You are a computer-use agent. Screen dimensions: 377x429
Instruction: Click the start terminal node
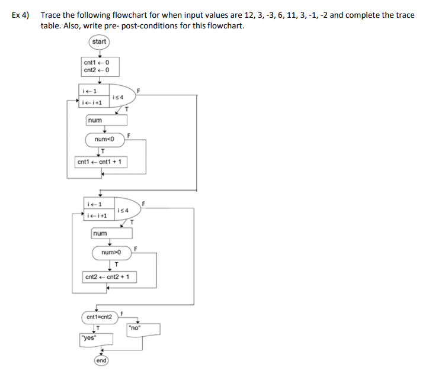coord(99,41)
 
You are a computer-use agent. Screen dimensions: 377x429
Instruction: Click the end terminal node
coord(101,361)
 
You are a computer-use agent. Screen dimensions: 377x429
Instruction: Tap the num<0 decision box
coord(104,140)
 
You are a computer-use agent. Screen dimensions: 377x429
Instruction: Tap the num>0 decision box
coord(111,253)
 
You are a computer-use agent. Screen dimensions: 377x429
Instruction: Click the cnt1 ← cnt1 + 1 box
coord(101,162)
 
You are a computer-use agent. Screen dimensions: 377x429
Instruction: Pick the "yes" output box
coord(89,339)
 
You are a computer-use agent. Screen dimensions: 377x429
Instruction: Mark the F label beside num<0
coord(129,136)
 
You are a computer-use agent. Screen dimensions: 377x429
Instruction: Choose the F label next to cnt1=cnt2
coord(121,312)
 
